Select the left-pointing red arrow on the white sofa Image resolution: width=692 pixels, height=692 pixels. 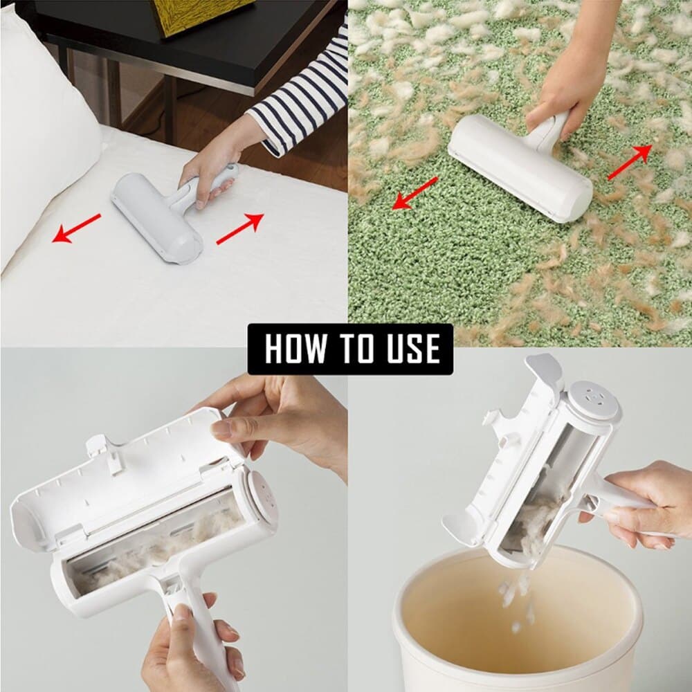[77, 228]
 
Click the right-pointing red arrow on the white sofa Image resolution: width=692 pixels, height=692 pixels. [240, 228]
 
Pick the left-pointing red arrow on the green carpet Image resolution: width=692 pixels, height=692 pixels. [415, 192]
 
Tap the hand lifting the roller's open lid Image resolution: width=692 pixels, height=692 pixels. [277, 422]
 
